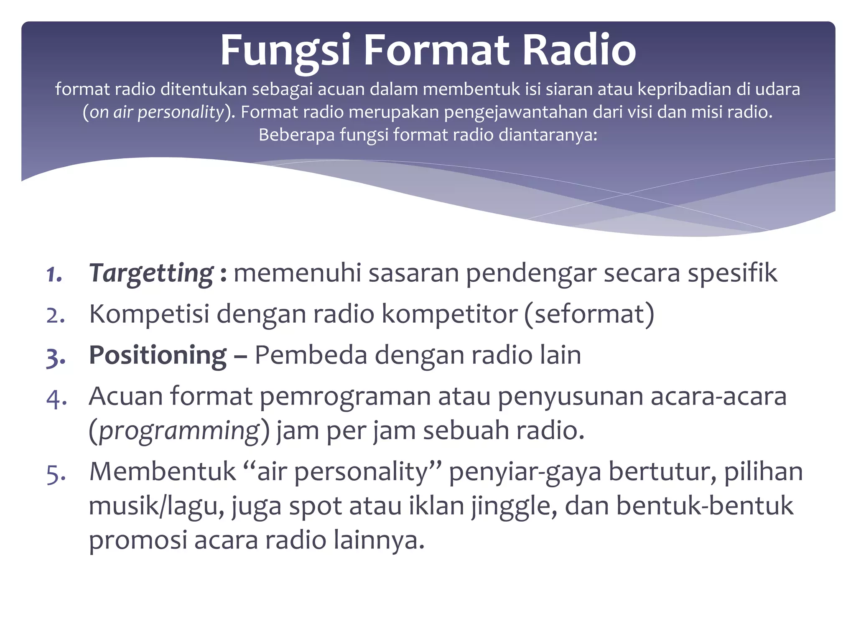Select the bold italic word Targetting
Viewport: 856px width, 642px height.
(x=151, y=273)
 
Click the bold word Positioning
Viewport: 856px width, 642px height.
(x=158, y=355)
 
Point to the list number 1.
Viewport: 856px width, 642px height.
(x=54, y=275)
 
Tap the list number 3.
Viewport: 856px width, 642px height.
(x=56, y=357)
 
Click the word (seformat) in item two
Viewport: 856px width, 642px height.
(x=589, y=314)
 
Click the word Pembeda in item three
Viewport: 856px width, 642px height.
(x=311, y=355)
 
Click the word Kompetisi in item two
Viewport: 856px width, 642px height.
(x=149, y=314)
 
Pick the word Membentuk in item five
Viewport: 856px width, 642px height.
(x=163, y=472)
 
